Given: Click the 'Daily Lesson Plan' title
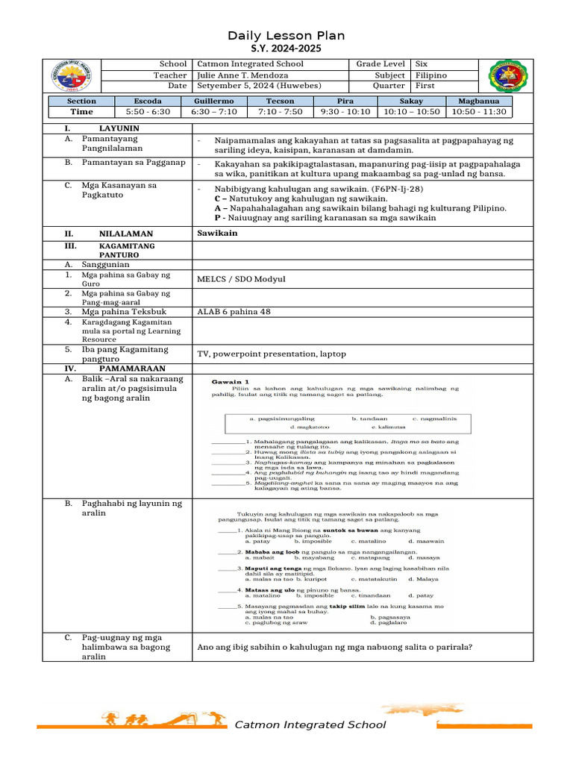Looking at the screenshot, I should pyautogui.click(x=286, y=36).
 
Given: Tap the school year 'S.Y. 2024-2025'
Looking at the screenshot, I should pyautogui.click(x=286, y=48).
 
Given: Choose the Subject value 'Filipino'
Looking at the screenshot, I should pyautogui.click(x=431, y=75).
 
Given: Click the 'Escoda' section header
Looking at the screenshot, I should pyautogui.click(x=147, y=101).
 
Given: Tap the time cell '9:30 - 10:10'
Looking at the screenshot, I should pyautogui.click(x=345, y=112).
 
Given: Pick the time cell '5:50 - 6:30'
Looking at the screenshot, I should pyautogui.click(x=147, y=112).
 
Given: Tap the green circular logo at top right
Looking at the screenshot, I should pyautogui.click(x=510, y=75).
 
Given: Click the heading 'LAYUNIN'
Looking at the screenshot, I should pyautogui.click(x=119, y=128).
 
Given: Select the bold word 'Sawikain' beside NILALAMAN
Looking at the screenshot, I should pyautogui.click(x=217, y=234).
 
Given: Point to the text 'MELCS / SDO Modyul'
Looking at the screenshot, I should pyautogui.click(x=241, y=279).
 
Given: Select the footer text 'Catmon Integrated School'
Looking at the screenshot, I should pyautogui.click(x=310, y=724).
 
